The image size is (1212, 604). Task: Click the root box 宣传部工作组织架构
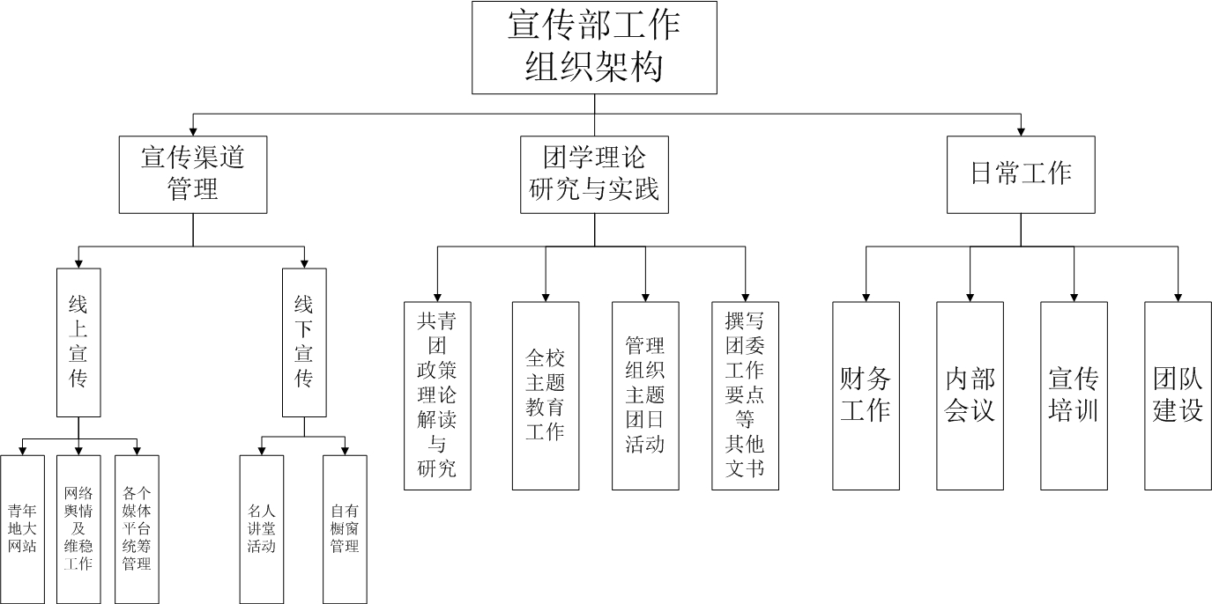pyautogui.click(x=594, y=48)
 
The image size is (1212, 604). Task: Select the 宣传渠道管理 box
pyautogui.click(x=193, y=174)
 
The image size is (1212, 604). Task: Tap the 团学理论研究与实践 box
pyautogui.click(x=594, y=174)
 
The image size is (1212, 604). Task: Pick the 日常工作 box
pyautogui.click(x=1021, y=174)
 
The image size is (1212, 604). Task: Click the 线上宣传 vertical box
pyautogui.click(x=78, y=343)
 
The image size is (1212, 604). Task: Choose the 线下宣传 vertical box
pyautogui.click(x=304, y=343)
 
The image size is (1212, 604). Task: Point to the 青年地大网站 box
pyautogui.click(x=22, y=528)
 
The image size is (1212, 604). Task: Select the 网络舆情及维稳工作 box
pyautogui.click(x=78, y=528)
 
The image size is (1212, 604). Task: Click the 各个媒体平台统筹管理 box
pyautogui.click(x=137, y=528)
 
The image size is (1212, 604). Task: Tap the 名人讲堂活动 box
pyautogui.click(x=262, y=528)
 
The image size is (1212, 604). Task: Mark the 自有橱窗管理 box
pyautogui.click(x=345, y=528)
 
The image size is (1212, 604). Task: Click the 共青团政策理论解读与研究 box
pyautogui.click(x=437, y=395)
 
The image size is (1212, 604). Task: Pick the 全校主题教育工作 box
pyautogui.click(x=546, y=395)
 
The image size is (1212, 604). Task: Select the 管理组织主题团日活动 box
pyautogui.click(x=645, y=395)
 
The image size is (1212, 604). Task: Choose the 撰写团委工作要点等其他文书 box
pyautogui.click(x=745, y=395)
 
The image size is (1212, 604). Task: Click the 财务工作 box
pyautogui.click(x=866, y=395)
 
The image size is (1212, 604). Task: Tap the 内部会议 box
pyautogui.click(x=970, y=395)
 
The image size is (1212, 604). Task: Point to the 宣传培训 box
pyautogui.click(x=1074, y=395)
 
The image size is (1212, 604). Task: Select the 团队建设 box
pyautogui.click(x=1178, y=395)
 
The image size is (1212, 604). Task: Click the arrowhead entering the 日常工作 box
pyautogui.click(x=1021, y=131)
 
